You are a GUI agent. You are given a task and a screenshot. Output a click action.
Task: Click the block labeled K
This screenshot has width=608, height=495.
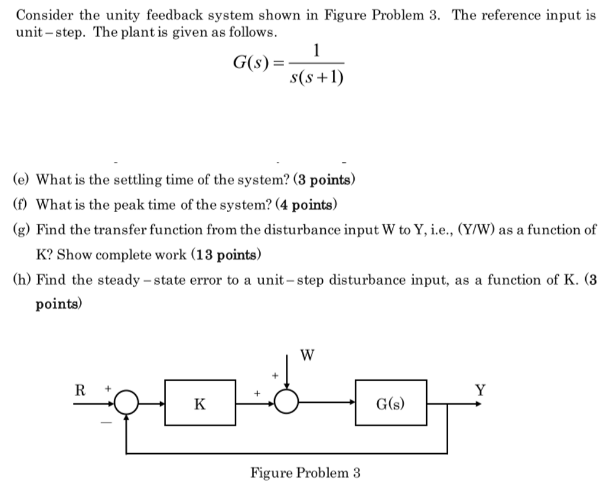pos(200,403)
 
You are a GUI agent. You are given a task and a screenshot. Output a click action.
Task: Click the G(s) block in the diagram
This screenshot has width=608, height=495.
pos(390,403)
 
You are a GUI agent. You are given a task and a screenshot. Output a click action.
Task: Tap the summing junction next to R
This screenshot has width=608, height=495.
pos(126,403)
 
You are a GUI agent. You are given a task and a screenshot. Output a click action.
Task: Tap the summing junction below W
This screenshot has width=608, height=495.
pos(286,403)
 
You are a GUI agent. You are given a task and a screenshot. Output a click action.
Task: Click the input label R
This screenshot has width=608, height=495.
pos(79,390)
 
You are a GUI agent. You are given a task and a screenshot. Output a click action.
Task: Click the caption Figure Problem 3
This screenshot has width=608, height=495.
pos(305,473)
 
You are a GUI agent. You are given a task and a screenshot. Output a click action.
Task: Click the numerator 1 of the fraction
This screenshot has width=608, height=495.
pos(316,51)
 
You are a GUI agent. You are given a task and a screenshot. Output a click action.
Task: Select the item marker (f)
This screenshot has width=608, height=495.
pos(22,204)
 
